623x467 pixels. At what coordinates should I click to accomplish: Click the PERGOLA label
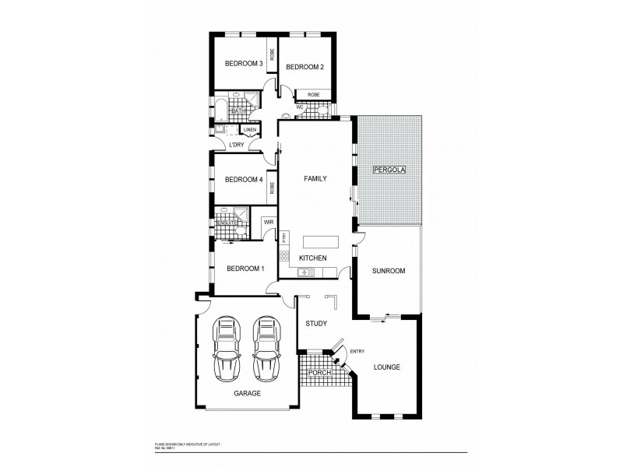(x=389, y=169)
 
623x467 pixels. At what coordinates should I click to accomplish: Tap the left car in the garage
(x=227, y=347)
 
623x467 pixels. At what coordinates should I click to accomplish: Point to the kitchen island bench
(x=321, y=241)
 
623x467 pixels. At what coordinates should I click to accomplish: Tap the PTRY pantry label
(x=285, y=238)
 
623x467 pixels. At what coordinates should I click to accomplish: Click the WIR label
(x=269, y=222)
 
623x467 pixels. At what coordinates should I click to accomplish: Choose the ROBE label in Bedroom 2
(x=314, y=95)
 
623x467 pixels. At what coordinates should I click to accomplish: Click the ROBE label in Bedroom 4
(x=273, y=187)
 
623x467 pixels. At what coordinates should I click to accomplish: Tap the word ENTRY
(x=357, y=351)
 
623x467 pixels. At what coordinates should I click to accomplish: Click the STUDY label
(x=315, y=323)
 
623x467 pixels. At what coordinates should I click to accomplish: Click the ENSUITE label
(x=227, y=223)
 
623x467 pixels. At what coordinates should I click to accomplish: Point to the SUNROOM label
(x=389, y=271)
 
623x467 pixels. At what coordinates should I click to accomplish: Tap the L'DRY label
(x=237, y=145)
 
